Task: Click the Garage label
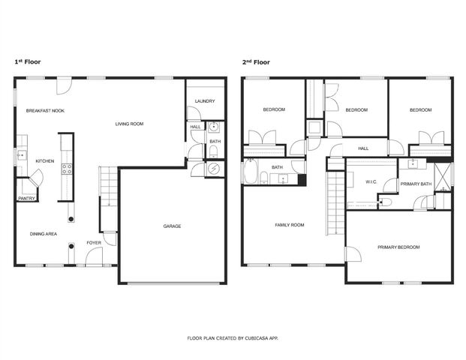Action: (x=172, y=226)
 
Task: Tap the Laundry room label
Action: (x=205, y=101)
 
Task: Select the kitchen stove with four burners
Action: (x=65, y=168)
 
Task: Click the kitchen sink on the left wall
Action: (x=20, y=157)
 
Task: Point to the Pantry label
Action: (x=27, y=199)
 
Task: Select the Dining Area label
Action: (x=44, y=234)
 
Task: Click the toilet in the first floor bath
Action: (x=214, y=154)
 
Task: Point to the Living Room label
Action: (x=129, y=124)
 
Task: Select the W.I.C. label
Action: (x=371, y=181)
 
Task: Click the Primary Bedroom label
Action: (x=398, y=247)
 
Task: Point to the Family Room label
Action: (x=289, y=225)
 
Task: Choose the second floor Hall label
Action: (x=363, y=148)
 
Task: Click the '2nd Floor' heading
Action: (x=255, y=62)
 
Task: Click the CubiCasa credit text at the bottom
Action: (x=233, y=338)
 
